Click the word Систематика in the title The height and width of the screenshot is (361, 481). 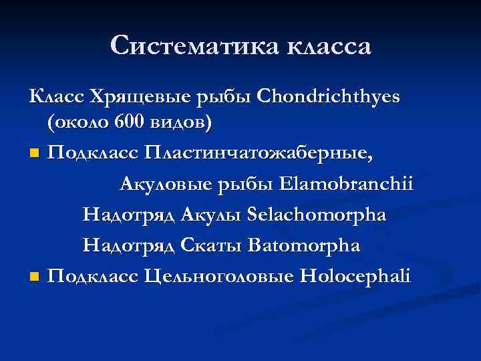click(194, 46)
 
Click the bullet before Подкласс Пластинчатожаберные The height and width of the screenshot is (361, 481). click(33, 154)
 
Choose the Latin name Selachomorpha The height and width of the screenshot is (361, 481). click(316, 215)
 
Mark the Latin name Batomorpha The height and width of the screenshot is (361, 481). click(303, 245)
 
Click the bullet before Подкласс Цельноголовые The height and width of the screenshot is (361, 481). click(33, 276)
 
